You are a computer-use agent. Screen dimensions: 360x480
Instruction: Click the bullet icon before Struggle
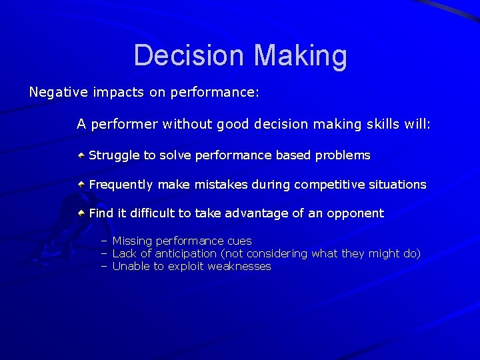(x=81, y=155)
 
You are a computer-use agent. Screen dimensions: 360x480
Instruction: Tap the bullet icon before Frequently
(x=81, y=184)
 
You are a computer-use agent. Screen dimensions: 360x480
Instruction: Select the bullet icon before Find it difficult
(x=81, y=213)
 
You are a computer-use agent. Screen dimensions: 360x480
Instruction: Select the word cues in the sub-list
(x=239, y=241)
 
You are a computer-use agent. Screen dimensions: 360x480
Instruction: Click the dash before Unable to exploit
(x=104, y=267)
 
